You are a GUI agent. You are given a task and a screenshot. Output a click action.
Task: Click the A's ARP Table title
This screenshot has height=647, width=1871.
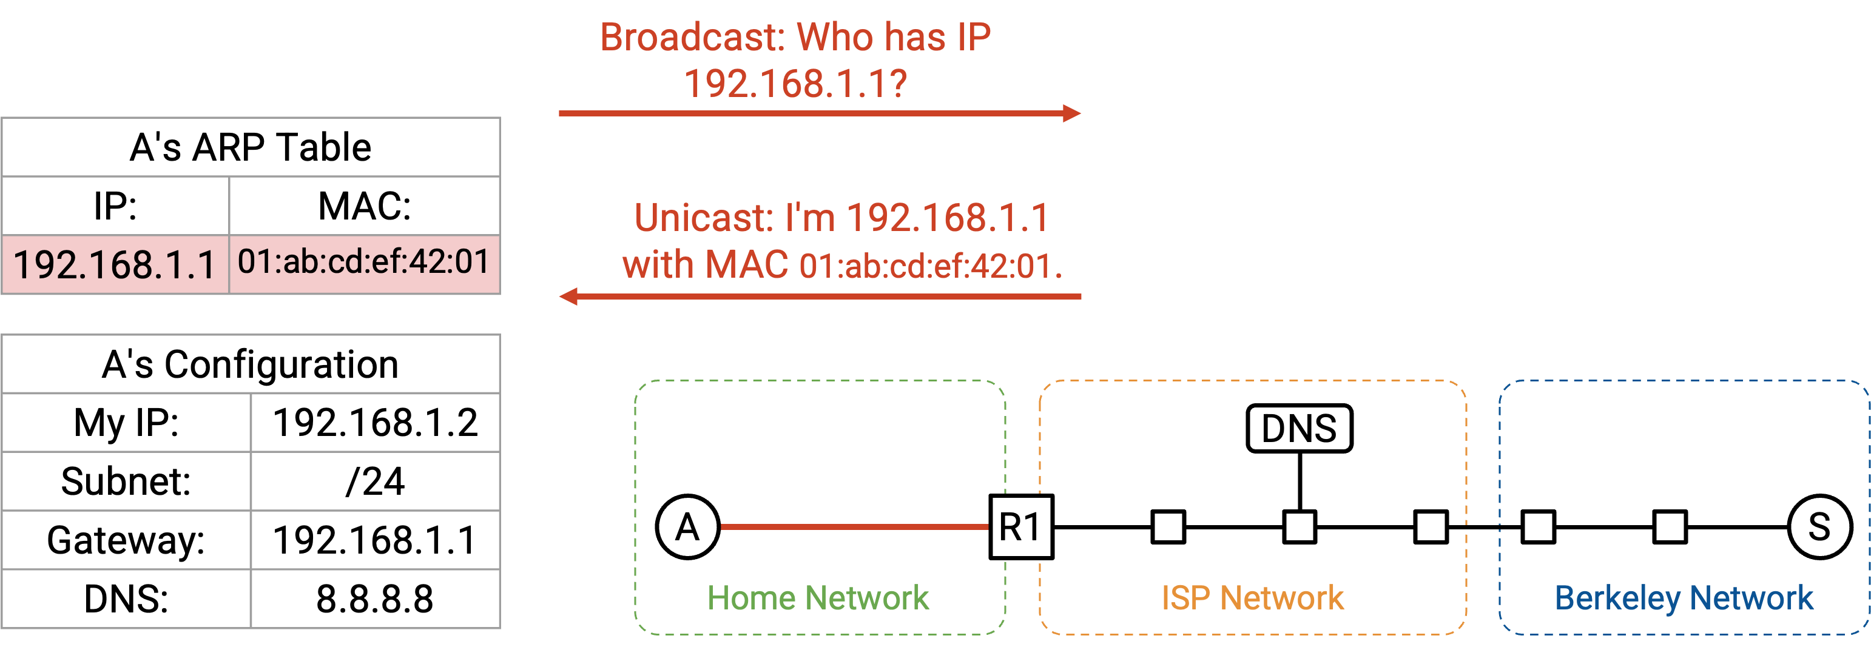pyautogui.click(x=251, y=147)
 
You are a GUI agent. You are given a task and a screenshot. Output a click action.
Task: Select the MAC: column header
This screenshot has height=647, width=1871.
pyautogui.click(x=365, y=206)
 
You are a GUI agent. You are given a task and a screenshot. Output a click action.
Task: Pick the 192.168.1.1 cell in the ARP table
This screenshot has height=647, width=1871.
pyautogui.click(x=115, y=264)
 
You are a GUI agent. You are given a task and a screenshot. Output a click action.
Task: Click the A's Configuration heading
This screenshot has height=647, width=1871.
pyautogui.click(x=251, y=364)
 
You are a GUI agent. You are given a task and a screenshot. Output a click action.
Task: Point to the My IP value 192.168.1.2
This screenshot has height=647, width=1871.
pyautogui.click(x=376, y=423)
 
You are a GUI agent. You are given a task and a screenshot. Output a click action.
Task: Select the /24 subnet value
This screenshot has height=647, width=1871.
pyautogui.click(x=376, y=481)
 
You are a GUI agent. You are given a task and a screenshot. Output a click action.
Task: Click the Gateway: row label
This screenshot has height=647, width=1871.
pyautogui.click(x=126, y=540)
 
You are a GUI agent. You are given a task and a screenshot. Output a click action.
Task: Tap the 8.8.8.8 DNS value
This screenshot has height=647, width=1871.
pyautogui.click(x=376, y=599)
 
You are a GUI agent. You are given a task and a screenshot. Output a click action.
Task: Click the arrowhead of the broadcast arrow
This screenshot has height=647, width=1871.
pyautogui.click(x=1072, y=113)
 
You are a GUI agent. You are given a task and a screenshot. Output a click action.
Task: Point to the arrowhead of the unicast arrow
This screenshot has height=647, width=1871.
pyautogui.click(x=568, y=297)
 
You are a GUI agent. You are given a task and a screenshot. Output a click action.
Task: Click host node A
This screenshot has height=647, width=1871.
pyautogui.click(x=688, y=527)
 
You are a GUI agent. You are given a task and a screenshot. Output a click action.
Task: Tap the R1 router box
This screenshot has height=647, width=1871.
pyautogui.click(x=1021, y=527)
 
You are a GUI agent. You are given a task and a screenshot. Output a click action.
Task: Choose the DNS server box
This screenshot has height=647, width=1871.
pyautogui.click(x=1300, y=429)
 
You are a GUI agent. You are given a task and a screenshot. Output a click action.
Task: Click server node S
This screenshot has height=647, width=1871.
pyautogui.click(x=1819, y=527)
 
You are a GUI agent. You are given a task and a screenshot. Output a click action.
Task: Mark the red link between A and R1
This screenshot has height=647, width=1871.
pyautogui.click(x=855, y=527)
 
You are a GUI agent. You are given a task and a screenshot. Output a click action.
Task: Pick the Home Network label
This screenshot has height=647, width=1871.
pyautogui.click(x=818, y=598)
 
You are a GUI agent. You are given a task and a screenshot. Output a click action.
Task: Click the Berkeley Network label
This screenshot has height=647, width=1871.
pyautogui.click(x=1684, y=598)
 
